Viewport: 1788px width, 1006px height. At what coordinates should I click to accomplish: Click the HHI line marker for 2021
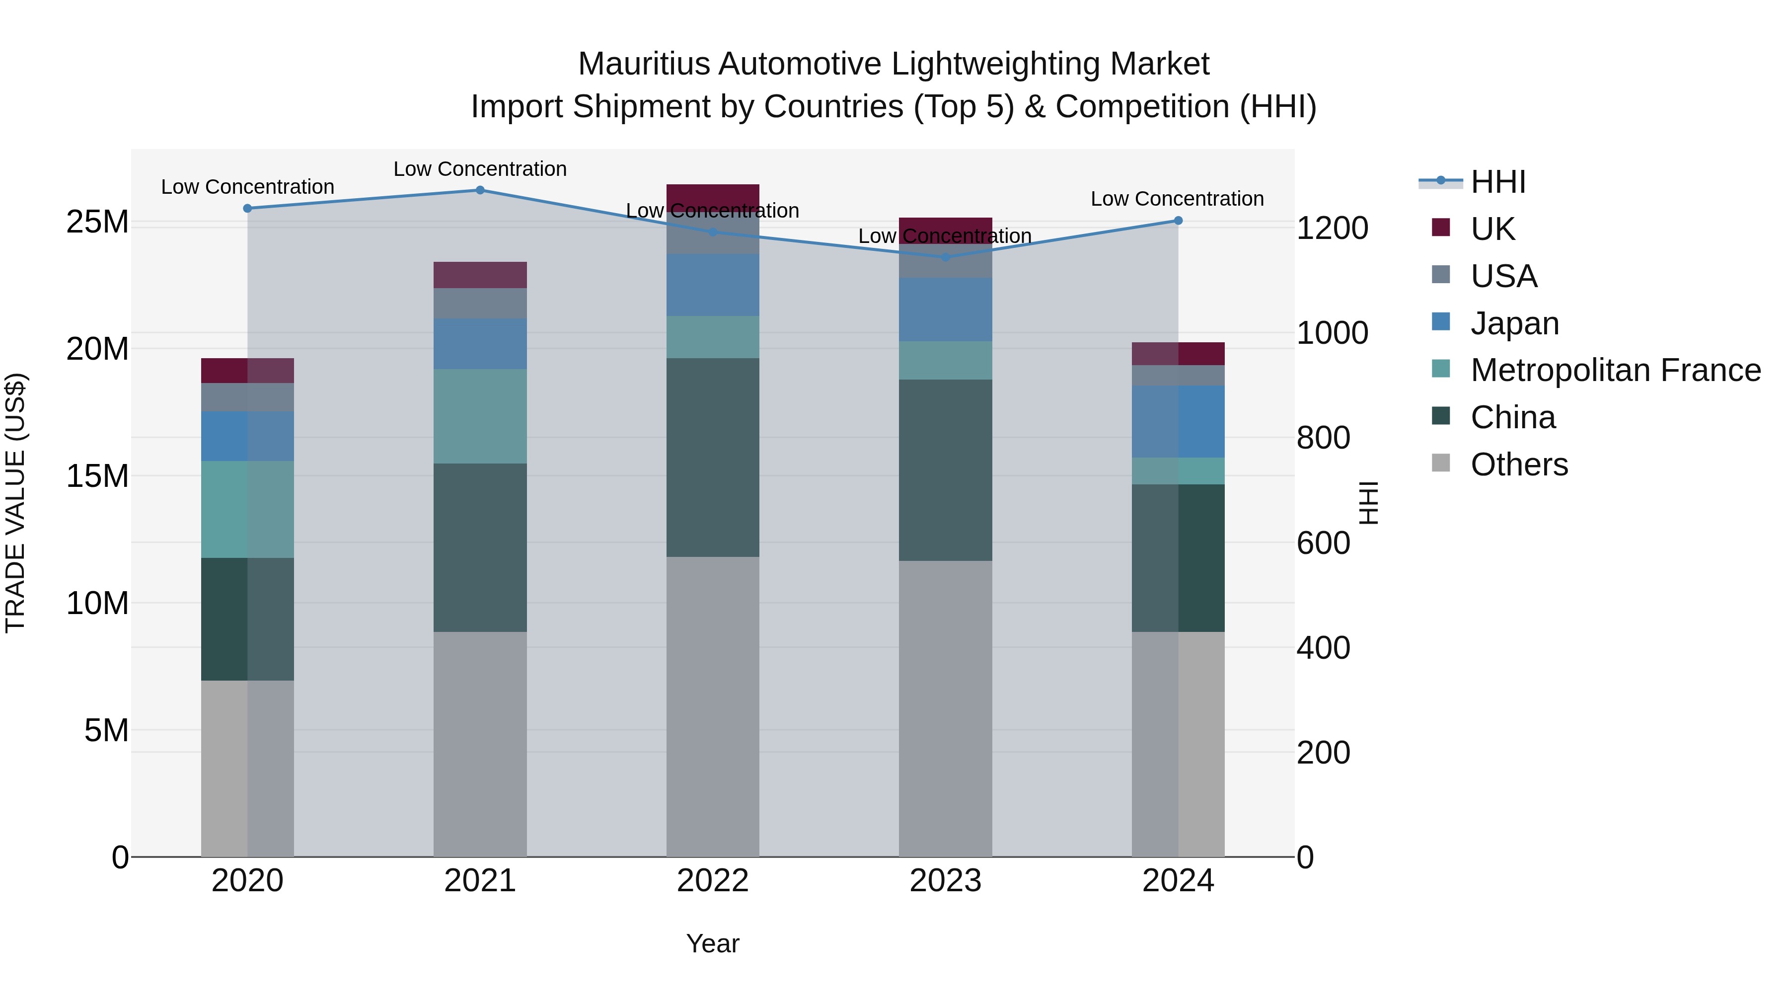click(480, 190)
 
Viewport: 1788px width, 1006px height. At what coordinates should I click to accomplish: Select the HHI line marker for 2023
click(945, 257)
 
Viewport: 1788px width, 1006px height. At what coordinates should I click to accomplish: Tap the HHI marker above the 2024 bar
click(1178, 221)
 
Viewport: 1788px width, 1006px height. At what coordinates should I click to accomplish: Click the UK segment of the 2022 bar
click(713, 194)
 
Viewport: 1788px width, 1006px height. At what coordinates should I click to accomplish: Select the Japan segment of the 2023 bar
click(945, 310)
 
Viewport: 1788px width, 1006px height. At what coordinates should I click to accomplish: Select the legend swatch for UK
click(1441, 228)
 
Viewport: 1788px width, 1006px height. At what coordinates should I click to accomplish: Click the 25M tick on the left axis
click(97, 222)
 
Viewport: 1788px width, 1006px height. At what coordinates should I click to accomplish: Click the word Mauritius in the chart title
click(643, 64)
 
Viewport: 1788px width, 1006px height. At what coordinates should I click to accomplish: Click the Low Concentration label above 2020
click(248, 187)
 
